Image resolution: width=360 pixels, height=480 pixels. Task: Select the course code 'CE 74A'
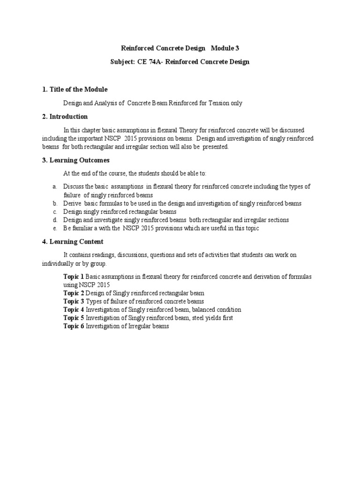(x=149, y=62)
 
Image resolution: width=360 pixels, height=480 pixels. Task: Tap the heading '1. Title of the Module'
(x=75, y=90)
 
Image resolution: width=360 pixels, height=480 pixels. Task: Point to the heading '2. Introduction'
(x=65, y=117)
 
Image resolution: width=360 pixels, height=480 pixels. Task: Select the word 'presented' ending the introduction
(x=215, y=147)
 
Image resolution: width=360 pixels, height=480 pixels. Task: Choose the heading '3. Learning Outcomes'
(x=75, y=160)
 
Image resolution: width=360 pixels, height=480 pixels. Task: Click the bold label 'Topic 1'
(x=74, y=277)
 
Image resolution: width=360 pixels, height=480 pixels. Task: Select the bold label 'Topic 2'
(x=74, y=293)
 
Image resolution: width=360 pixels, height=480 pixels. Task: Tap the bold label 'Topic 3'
(x=74, y=301)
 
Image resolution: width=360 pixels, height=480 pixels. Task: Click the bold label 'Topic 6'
(x=74, y=326)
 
